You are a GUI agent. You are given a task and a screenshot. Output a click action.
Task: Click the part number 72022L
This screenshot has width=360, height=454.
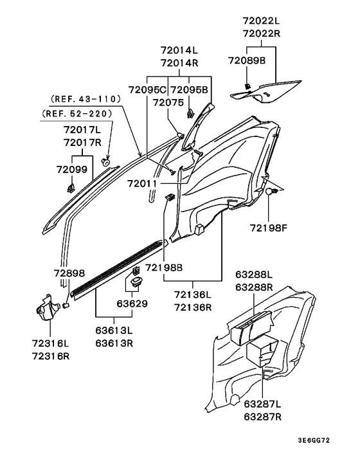coord(260,20)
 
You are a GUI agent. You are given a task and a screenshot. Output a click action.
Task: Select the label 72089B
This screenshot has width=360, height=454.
coord(246,60)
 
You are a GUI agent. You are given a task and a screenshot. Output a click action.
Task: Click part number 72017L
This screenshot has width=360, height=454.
coord(84,129)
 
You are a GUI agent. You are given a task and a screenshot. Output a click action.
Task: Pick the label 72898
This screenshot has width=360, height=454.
coord(69,273)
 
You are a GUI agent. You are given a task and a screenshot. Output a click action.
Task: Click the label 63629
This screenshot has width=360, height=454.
coord(132,302)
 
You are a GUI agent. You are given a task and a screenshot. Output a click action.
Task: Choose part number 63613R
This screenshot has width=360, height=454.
coord(114,343)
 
